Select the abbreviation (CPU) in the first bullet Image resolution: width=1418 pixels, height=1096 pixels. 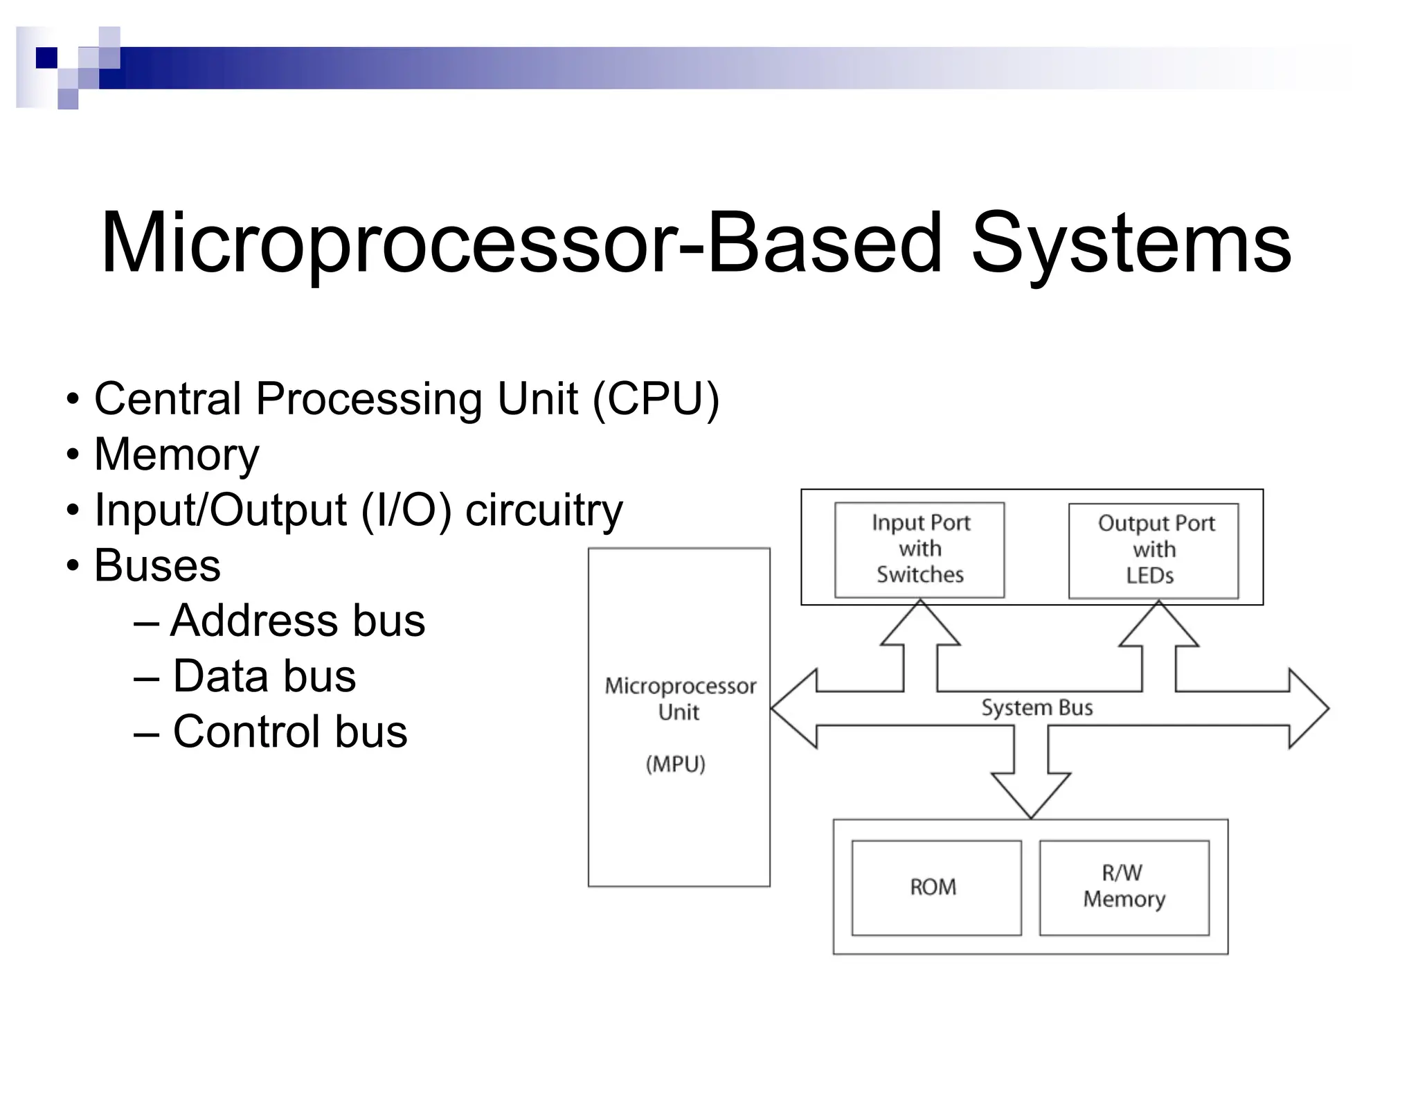pyautogui.click(x=656, y=399)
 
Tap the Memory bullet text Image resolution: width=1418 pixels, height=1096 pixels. pyautogui.click(x=177, y=455)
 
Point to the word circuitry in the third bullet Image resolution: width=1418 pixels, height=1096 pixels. pyautogui.click(x=544, y=511)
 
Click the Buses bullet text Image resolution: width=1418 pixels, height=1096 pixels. pyautogui.click(x=157, y=565)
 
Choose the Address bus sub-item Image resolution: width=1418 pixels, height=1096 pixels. pyautogui.click(x=298, y=620)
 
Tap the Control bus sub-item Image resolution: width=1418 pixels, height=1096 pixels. pyautogui.click(x=290, y=732)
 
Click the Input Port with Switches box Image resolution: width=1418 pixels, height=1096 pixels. pyautogui.click(x=919, y=549)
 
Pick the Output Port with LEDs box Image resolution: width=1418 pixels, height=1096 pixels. pyautogui.click(x=1154, y=551)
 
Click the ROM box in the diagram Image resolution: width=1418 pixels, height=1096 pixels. pyautogui.click(x=936, y=887)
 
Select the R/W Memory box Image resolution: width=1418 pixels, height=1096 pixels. pyautogui.click(x=1124, y=887)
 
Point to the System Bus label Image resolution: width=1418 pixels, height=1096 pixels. pyautogui.click(x=1036, y=708)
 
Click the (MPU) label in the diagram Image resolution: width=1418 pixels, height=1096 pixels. pyautogui.click(x=676, y=764)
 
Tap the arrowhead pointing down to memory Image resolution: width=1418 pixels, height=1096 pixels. pyautogui.click(x=1031, y=794)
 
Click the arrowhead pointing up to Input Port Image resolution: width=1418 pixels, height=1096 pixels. pyautogui.click(x=920, y=625)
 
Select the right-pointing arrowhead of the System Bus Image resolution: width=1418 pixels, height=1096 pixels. pyautogui.click(x=1307, y=708)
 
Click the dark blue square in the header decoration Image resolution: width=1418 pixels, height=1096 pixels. pyautogui.click(x=46, y=58)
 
